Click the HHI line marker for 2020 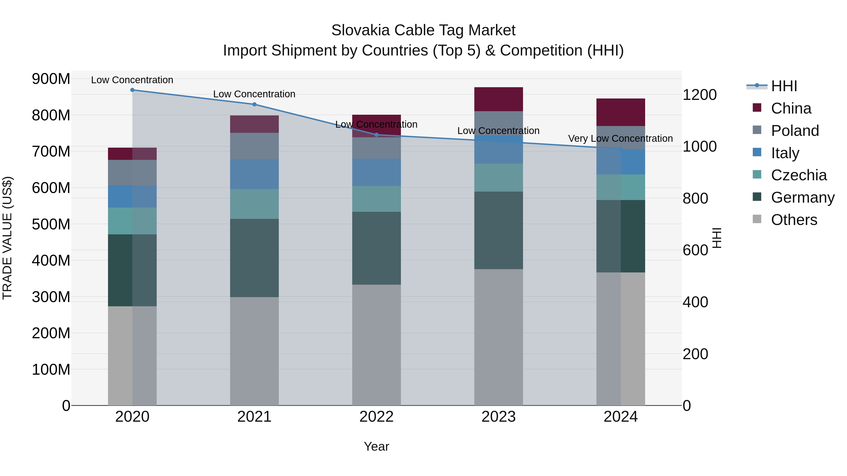[132, 90]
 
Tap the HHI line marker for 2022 [376, 135]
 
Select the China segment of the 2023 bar [499, 99]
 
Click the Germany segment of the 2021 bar [254, 258]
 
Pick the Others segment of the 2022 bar [376, 345]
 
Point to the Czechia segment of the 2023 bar [499, 178]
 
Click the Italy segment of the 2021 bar [254, 174]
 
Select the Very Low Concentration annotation [620, 139]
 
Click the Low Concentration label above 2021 [254, 94]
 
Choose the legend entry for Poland [795, 131]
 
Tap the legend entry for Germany [803, 197]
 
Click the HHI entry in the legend [784, 86]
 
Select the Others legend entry [794, 220]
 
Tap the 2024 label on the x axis [620, 417]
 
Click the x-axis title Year [376, 446]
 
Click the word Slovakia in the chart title [361, 30]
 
